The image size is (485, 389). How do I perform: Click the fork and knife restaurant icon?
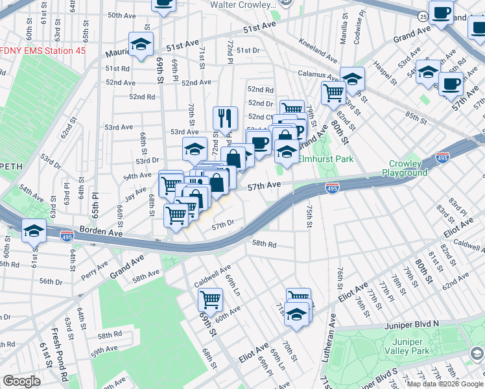pos(225,117)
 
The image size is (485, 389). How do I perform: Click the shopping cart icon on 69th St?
pos(210,300)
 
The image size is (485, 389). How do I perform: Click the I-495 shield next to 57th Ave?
pos(331,188)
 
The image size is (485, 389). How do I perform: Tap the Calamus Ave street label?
pos(315,75)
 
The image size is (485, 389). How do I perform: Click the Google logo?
pos(21,381)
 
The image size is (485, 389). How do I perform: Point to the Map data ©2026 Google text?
pos(444,384)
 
